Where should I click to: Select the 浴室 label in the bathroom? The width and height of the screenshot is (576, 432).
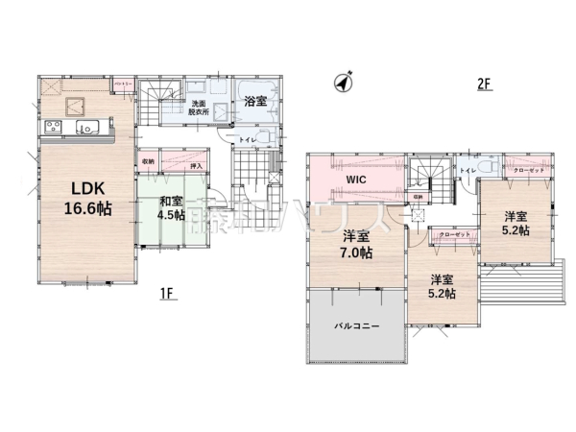click(x=255, y=101)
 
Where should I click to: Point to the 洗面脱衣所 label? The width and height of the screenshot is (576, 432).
click(x=198, y=107)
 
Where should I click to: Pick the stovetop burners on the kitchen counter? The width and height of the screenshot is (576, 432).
click(x=50, y=129)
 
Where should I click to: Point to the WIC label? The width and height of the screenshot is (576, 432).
click(x=357, y=179)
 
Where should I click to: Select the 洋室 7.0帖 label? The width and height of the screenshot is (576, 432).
click(x=356, y=244)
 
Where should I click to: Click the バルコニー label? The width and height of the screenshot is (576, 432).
click(x=356, y=325)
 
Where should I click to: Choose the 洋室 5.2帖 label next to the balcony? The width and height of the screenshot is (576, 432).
click(x=442, y=285)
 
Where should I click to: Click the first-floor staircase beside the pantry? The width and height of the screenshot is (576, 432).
click(x=164, y=97)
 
